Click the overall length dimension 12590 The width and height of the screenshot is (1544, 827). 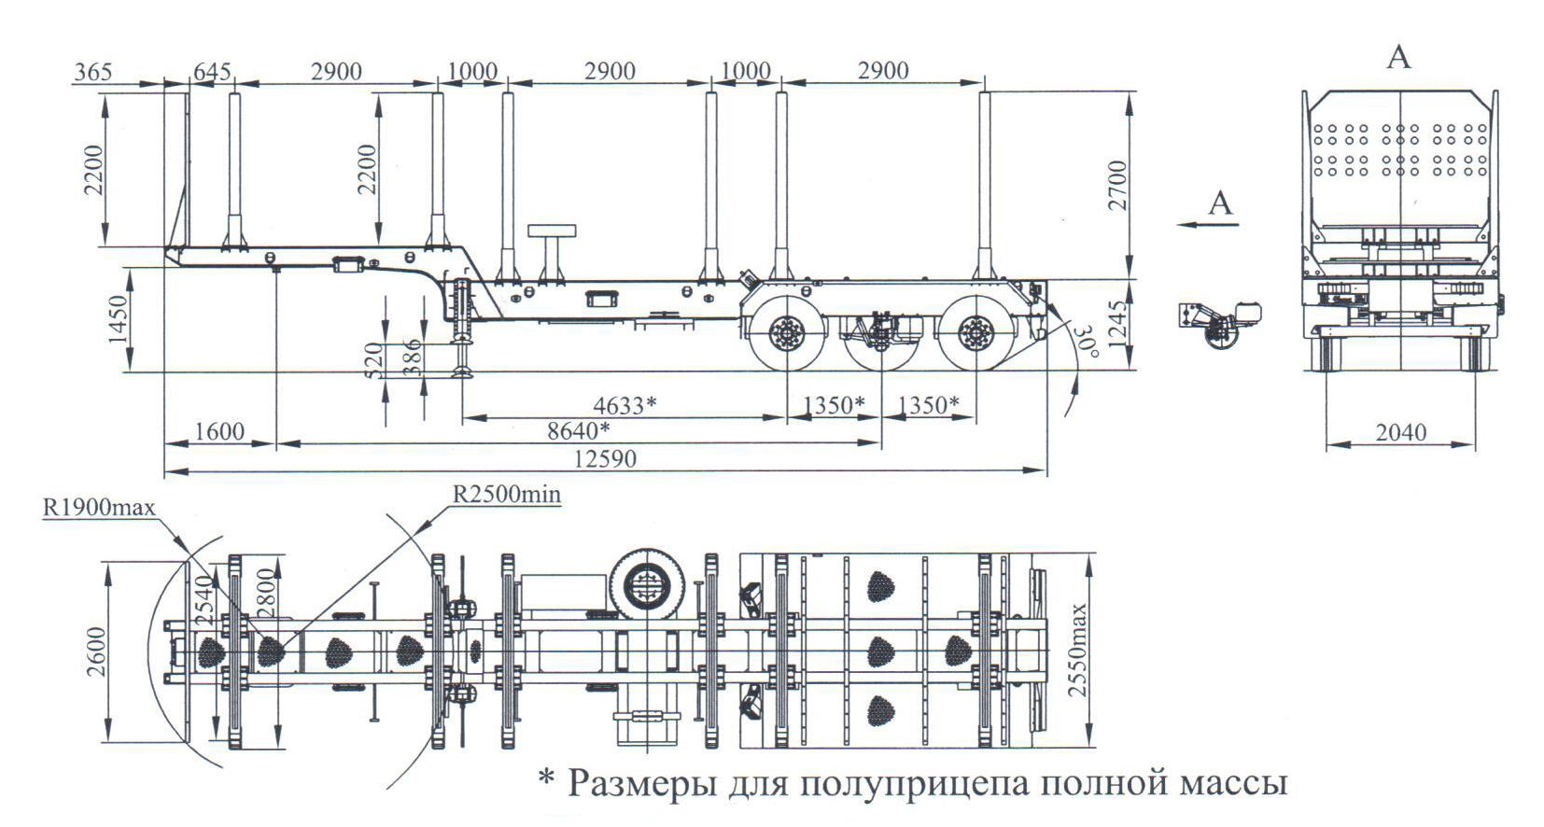[x=605, y=459]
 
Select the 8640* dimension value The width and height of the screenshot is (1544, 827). [x=578, y=431]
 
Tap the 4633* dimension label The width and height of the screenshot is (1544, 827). [x=625, y=405]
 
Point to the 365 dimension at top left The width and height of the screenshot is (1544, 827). [x=92, y=72]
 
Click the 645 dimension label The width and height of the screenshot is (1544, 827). [x=212, y=72]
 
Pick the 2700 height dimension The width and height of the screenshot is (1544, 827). [x=1117, y=185]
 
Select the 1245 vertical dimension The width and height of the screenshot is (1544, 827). [x=1117, y=323]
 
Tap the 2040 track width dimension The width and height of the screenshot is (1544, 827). [x=1400, y=432]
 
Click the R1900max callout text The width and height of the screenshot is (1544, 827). [x=99, y=508]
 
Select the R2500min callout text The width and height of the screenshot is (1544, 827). [x=507, y=494]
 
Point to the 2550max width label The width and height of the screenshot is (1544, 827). [x=1078, y=650]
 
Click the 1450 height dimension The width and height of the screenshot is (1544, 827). [x=118, y=320]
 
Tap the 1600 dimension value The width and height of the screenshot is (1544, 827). [x=218, y=431]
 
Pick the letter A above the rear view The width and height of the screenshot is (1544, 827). [x=1398, y=58]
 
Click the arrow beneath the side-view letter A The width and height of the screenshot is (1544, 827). [x=1207, y=225]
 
